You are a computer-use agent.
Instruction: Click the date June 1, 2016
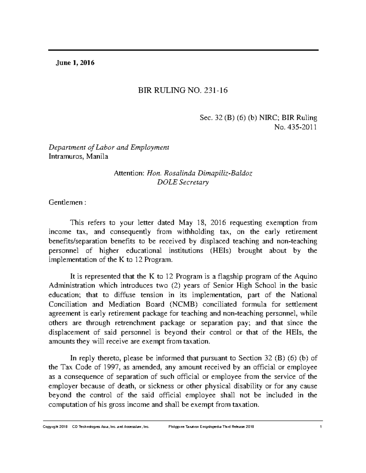pyautogui.click(x=75, y=63)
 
